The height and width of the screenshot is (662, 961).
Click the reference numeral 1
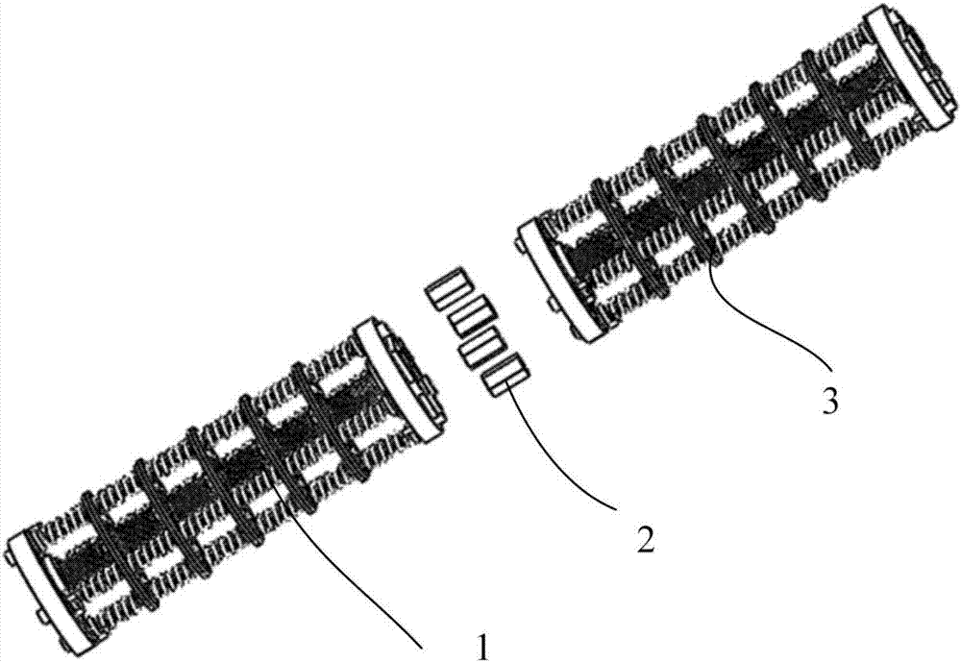point(484,648)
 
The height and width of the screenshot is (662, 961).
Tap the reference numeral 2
point(644,539)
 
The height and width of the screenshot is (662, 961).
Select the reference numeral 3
point(830,402)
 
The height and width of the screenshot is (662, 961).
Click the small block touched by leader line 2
point(506,375)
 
